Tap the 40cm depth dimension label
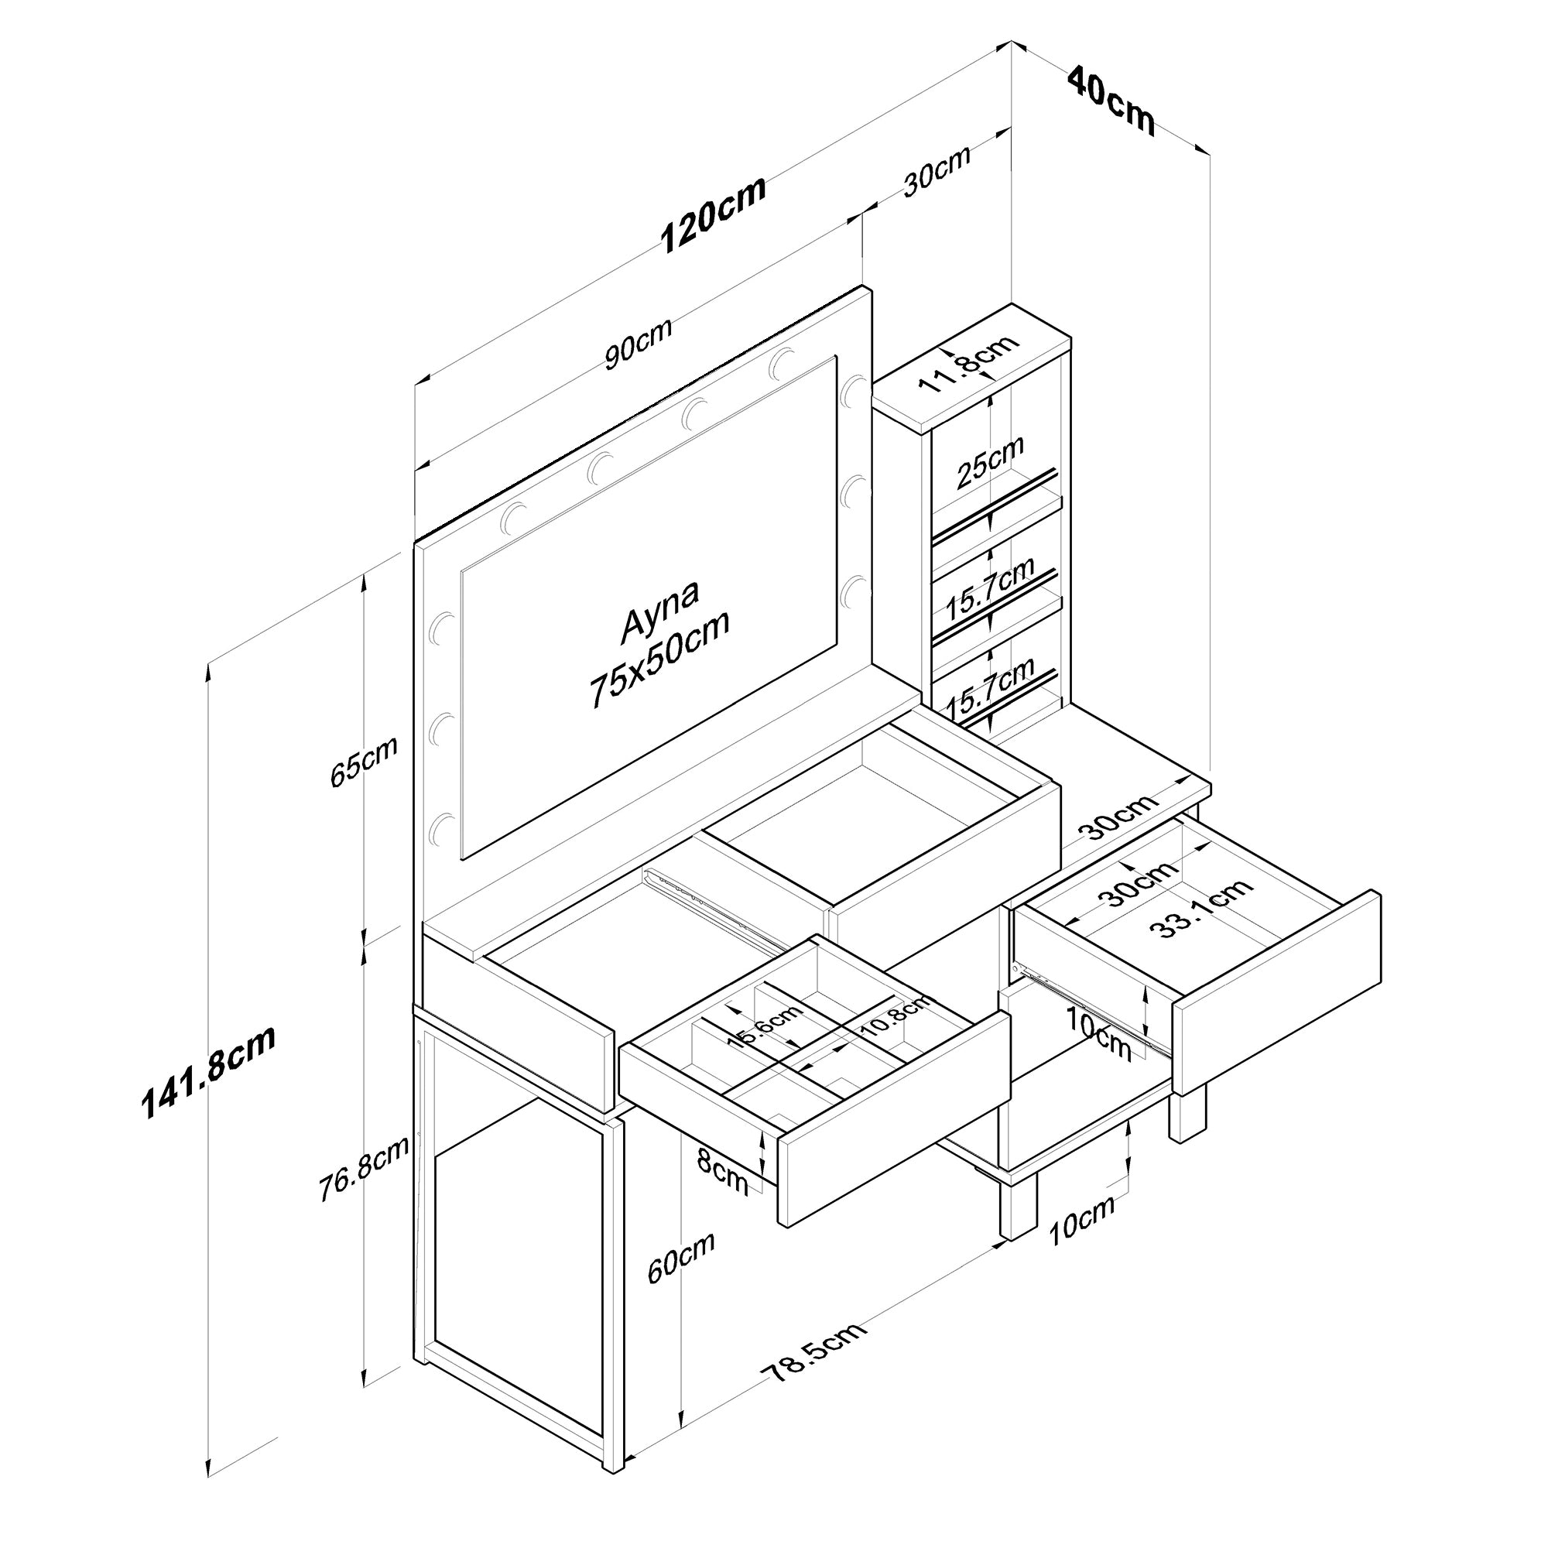pyautogui.click(x=1111, y=101)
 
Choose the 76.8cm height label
pyautogui.click(x=363, y=1169)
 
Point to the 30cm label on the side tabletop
pyautogui.click(x=1120, y=816)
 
